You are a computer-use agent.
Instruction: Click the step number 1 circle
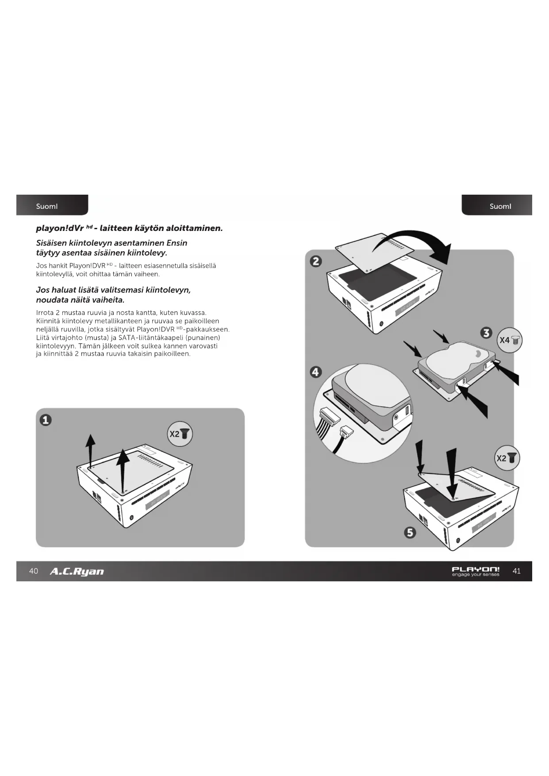46,419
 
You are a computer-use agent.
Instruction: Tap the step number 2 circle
316,261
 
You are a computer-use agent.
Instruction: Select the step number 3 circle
487,333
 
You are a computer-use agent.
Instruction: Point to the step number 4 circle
315,372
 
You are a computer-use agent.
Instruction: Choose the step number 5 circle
410,532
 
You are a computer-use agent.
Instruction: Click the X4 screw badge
510,340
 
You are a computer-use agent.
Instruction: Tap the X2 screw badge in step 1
180,434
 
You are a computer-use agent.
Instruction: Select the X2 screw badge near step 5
507,458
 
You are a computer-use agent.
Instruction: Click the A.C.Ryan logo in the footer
77,571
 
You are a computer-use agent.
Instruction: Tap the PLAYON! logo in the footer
476,571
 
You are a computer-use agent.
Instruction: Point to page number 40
34,571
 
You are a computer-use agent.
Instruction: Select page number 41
516,571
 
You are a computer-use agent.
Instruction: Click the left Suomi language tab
47,206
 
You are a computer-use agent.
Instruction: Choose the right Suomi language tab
500,206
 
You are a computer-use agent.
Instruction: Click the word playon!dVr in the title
60,228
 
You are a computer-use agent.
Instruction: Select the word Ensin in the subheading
177,243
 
